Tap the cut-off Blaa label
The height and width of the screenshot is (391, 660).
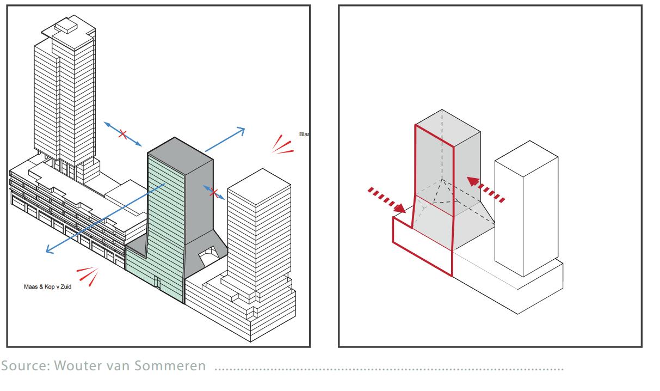tap(304, 133)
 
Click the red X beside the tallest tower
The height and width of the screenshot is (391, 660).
tap(123, 134)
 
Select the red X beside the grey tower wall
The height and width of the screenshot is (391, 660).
tap(215, 193)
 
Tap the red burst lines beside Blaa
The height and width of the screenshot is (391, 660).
tap(282, 145)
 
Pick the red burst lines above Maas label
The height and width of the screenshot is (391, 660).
tap(89, 275)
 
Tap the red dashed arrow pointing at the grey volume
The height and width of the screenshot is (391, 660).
tap(487, 191)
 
